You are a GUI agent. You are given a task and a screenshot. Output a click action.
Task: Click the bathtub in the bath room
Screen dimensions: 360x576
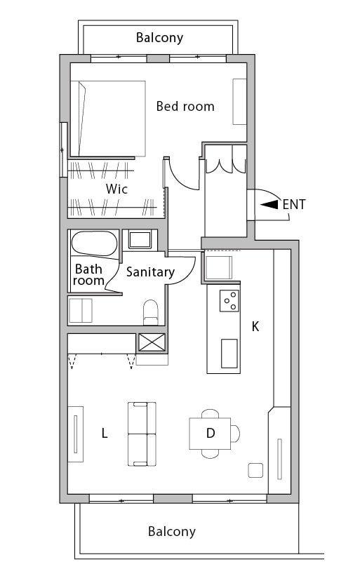click(x=95, y=243)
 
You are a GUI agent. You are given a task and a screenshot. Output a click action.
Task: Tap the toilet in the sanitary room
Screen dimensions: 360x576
click(x=150, y=312)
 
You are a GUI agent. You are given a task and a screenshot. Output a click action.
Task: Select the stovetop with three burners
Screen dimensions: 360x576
click(x=229, y=301)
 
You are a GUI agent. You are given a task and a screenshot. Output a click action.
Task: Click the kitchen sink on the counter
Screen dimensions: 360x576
click(x=229, y=354)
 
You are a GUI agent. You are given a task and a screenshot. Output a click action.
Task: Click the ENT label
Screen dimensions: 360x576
click(x=294, y=205)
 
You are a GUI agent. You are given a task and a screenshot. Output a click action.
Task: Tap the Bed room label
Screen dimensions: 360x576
click(x=185, y=107)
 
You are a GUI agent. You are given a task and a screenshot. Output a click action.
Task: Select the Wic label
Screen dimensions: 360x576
click(x=116, y=189)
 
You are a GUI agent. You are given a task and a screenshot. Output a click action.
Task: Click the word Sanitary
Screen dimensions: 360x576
click(x=150, y=272)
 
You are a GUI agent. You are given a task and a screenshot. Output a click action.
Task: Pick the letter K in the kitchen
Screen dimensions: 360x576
click(x=255, y=326)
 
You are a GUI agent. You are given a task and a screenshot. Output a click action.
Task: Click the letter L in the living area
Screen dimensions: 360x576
click(x=105, y=434)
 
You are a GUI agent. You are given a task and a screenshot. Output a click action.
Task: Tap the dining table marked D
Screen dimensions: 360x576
click(x=210, y=434)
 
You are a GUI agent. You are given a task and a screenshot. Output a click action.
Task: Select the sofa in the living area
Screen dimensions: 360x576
click(x=142, y=434)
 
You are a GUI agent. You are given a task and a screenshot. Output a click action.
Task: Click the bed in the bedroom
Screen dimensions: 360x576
click(x=108, y=119)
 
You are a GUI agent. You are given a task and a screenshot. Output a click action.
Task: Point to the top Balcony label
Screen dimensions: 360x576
click(x=159, y=37)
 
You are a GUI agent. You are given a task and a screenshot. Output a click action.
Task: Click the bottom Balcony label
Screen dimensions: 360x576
click(x=171, y=532)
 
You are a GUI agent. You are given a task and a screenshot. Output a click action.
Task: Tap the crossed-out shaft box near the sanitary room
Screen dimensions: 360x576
click(x=152, y=342)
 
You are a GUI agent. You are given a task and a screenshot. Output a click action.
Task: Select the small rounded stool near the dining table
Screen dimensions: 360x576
click(x=255, y=470)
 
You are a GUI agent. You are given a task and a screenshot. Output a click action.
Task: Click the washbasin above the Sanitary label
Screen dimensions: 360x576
click(x=140, y=239)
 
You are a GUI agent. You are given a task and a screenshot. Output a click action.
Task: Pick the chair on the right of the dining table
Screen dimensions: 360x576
click(x=236, y=434)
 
